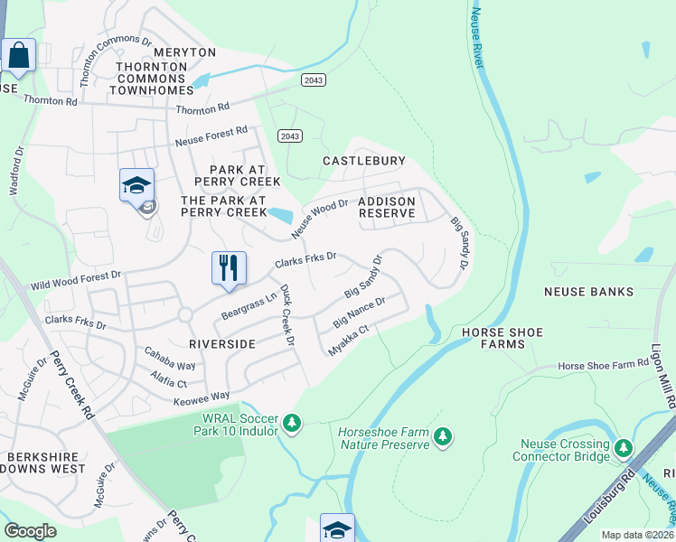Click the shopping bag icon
coord(18,56)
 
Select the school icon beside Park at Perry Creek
coord(136,187)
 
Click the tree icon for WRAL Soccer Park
coord(291,423)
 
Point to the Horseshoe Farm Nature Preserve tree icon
coord(442,437)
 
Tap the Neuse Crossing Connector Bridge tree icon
coord(623,448)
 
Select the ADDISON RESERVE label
coord(387,208)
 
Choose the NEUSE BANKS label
coord(588,293)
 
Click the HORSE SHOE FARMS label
coord(502,339)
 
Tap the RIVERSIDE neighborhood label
coord(222,344)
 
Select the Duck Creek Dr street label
coord(286,315)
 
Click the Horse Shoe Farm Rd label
coord(603,365)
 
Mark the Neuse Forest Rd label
coord(211,136)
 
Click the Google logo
coord(30,530)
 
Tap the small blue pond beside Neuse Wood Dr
coord(280,215)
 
